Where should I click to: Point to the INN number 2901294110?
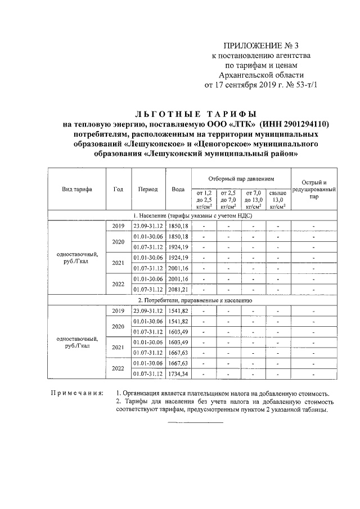[301, 124]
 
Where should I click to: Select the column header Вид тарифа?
[77, 189]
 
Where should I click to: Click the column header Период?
[148, 189]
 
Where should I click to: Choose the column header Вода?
[178, 189]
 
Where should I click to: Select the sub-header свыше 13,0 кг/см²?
[278, 200]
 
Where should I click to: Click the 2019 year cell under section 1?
[118, 226]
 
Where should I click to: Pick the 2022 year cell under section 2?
[118, 369]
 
